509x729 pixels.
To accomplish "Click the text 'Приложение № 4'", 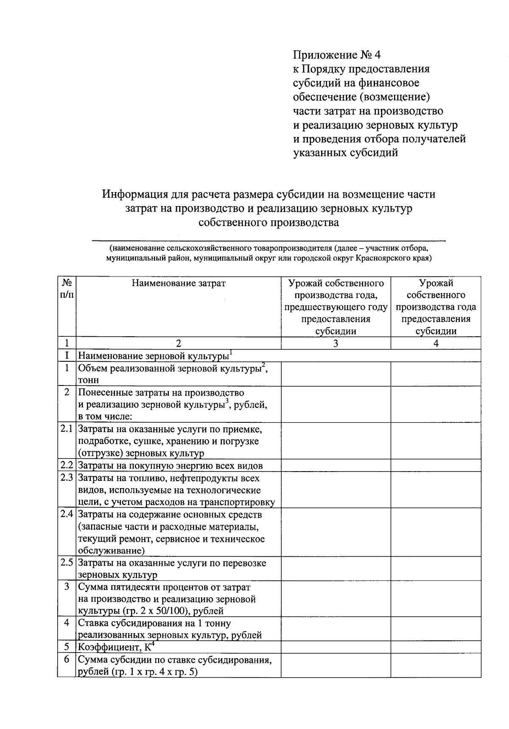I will [x=338, y=55].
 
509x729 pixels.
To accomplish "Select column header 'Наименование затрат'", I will [x=179, y=283].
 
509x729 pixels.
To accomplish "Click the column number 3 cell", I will [x=336, y=344].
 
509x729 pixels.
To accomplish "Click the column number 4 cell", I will [x=436, y=344].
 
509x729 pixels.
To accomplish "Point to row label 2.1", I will [x=67, y=429].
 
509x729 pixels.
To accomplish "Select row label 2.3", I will [x=67, y=478].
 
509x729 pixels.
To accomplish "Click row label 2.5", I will [x=67, y=563].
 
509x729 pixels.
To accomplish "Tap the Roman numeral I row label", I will [x=67, y=355].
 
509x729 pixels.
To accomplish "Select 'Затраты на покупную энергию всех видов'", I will [x=171, y=466].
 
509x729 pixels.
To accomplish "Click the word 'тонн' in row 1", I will [x=88, y=380].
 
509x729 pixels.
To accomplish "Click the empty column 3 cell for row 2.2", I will [x=336, y=466].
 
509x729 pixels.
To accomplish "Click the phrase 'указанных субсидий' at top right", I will [x=346, y=153].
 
